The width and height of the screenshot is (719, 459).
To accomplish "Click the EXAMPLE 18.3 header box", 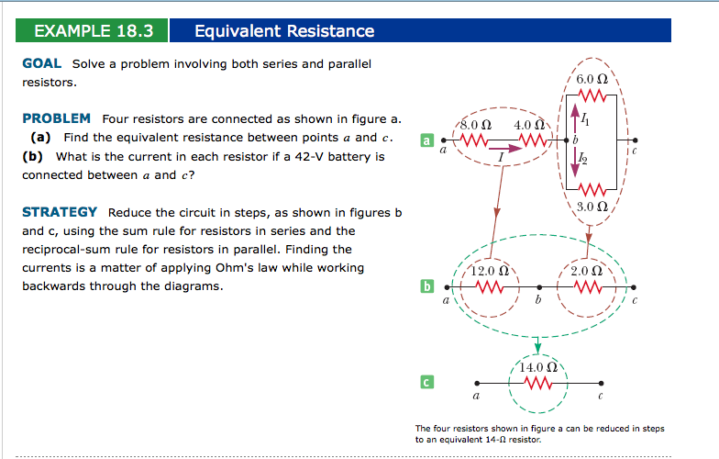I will point(93,31).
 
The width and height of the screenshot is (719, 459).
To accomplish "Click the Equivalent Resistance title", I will point(284,31).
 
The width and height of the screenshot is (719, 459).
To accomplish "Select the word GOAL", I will point(41,63).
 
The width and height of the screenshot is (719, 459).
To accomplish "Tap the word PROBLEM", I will point(56,118).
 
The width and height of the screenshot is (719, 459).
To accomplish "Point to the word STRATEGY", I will point(60,212).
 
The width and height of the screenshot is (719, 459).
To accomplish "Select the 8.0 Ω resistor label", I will point(476,124).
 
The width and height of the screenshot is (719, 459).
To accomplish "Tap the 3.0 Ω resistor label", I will point(593,206).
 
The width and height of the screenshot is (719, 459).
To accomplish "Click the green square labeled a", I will point(426,140).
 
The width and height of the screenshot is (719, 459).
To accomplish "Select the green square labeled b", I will point(426,287).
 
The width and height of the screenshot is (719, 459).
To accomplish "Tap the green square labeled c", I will point(426,380).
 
